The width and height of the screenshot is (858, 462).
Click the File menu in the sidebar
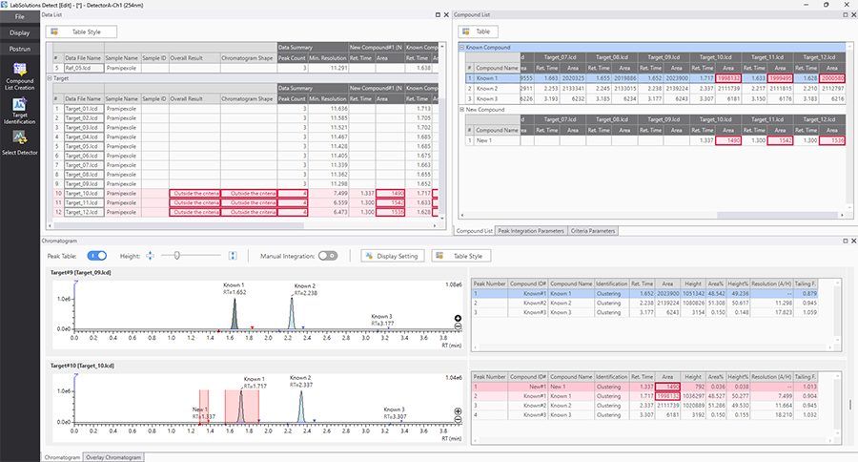coord(19,16)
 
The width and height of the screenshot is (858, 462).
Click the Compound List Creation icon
coord(19,76)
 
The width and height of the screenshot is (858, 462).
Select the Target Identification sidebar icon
coord(19,112)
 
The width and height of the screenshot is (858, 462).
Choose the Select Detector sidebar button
coord(19,142)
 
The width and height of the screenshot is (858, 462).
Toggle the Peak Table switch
coord(96,256)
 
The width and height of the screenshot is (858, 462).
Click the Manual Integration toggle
coord(328,256)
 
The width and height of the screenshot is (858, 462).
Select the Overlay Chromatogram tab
coord(113,457)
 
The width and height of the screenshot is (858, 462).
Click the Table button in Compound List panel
coord(487,32)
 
